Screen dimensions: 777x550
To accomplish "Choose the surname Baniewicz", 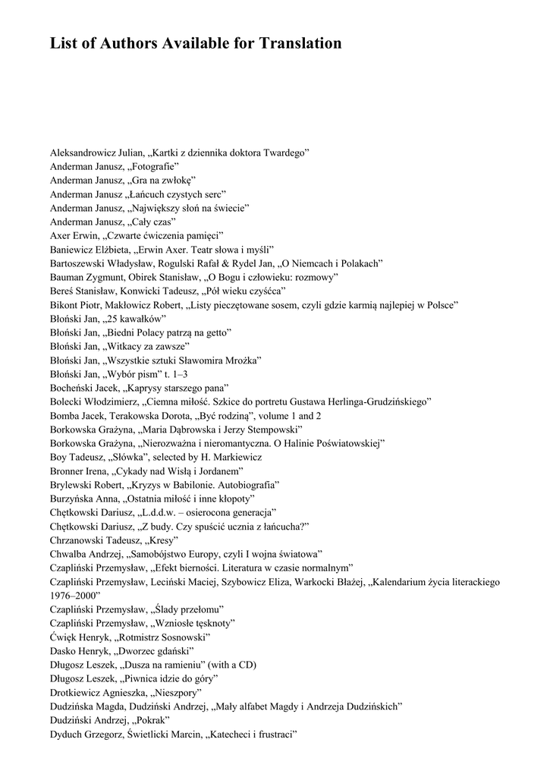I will (74, 249).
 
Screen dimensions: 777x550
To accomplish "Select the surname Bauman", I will (70, 277).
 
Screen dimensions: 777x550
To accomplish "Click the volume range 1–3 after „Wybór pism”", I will (176, 374).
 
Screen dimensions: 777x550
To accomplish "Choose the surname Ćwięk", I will (64, 637).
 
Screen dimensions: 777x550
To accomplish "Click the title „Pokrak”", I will (150, 720).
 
